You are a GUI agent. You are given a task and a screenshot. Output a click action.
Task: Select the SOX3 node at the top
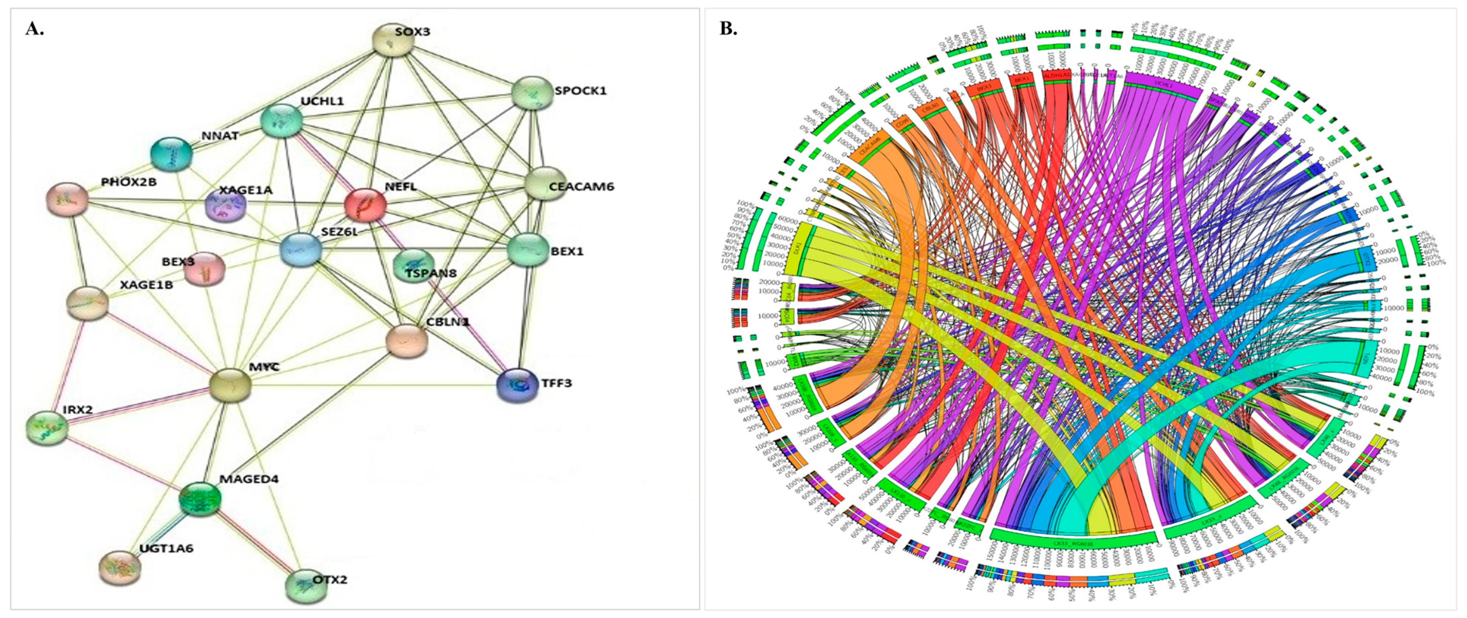pyautogui.click(x=392, y=40)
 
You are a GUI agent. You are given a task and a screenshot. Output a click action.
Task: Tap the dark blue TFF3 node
pyautogui.click(x=516, y=386)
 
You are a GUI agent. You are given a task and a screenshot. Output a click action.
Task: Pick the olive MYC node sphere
pyautogui.click(x=230, y=385)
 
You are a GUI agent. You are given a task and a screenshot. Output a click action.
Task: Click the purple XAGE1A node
pyautogui.click(x=225, y=206)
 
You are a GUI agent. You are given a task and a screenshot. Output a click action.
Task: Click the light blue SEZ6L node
pyautogui.click(x=301, y=250)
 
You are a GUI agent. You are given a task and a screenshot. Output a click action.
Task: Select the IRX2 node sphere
pyautogui.click(x=47, y=428)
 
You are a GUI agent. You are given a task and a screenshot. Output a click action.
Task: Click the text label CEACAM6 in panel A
pyautogui.click(x=581, y=187)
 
